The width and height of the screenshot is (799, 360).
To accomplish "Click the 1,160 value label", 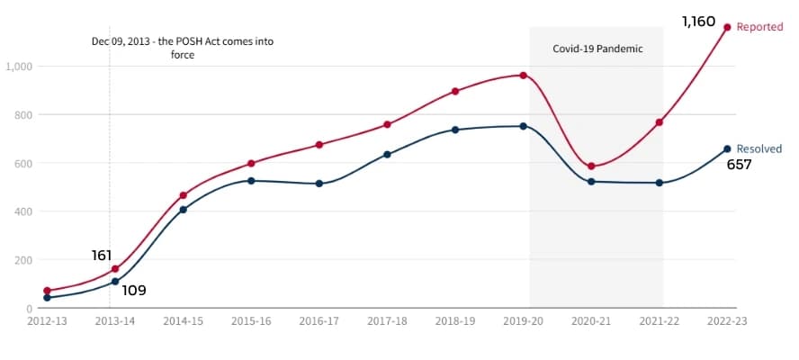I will tap(698, 21).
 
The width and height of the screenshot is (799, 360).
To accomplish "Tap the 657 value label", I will tap(739, 165).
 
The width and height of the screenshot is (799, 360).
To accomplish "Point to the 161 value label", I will tap(102, 256).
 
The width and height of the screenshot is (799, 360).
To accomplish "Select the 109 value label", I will tap(134, 291).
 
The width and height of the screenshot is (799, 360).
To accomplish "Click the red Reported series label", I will tap(759, 27).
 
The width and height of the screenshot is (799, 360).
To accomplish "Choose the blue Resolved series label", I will tap(759, 148).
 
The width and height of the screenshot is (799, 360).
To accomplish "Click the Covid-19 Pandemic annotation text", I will tap(597, 49).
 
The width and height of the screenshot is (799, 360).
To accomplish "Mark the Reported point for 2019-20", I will tap(523, 75).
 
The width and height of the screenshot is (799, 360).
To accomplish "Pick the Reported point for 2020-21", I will tap(591, 166).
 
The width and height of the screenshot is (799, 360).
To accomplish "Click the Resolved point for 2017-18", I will tap(387, 155).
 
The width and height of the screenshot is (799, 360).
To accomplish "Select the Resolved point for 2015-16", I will tap(251, 181).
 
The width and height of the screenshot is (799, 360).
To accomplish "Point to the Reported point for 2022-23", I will tap(727, 27).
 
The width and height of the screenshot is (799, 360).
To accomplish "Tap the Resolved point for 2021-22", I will tap(660, 183).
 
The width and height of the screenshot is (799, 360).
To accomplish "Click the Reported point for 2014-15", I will tap(184, 195).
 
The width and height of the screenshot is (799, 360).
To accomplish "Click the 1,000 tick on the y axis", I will tap(19, 67).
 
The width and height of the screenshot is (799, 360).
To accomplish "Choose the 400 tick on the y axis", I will tap(22, 212).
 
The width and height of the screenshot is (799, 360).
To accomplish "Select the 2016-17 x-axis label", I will tap(319, 320).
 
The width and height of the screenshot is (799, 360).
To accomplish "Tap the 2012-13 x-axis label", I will tap(47, 320).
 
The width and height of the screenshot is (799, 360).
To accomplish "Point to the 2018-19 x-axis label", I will tap(455, 320).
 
